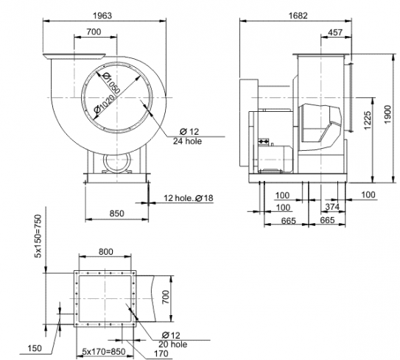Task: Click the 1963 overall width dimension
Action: [x=102, y=15]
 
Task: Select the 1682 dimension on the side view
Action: [x=298, y=15]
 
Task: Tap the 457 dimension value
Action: [x=335, y=32]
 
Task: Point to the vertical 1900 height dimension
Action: [x=387, y=114]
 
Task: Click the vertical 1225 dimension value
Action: [x=368, y=120]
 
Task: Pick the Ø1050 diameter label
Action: [x=111, y=83]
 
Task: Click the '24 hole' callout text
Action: [x=188, y=141]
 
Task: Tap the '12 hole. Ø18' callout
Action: [x=189, y=198]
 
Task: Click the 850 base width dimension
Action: [x=117, y=213]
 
